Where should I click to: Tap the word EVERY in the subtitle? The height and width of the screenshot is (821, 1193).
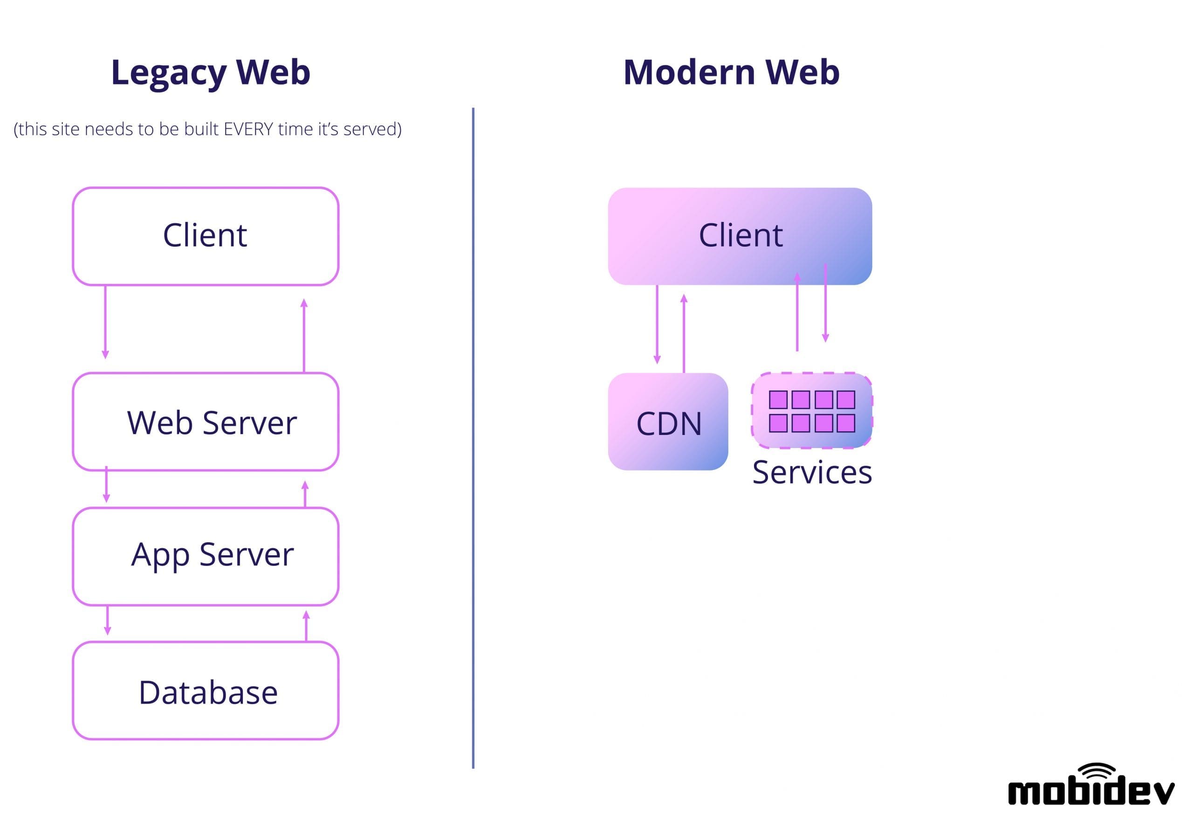pyautogui.click(x=248, y=129)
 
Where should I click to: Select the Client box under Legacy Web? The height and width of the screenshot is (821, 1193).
pyautogui.click(x=205, y=236)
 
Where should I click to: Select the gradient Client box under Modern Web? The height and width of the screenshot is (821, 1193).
pyautogui.click(x=740, y=236)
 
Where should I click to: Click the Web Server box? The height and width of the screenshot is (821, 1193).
pyautogui.click(x=205, y=422)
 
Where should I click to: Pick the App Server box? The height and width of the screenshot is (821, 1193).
pyautogui.click(x=205, y=556)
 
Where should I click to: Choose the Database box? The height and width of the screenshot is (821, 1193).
pyautogui.click(x=205, y=691)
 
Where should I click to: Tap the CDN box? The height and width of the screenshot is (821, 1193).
pyautogui.click(x=667, y=422)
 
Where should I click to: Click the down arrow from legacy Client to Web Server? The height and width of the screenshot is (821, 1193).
pyautogui.click(x=105, y=322)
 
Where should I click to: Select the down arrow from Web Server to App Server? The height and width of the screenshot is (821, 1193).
pyautogui.click(x=106, y=484)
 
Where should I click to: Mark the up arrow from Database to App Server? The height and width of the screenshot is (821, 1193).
pyautogui.click(x=306, y=626)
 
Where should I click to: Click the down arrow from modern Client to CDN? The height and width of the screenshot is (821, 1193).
pyautogui.click(x=657, y=324)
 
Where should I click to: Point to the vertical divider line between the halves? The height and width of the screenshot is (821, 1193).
pyautogui.click(x=473, y=437)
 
